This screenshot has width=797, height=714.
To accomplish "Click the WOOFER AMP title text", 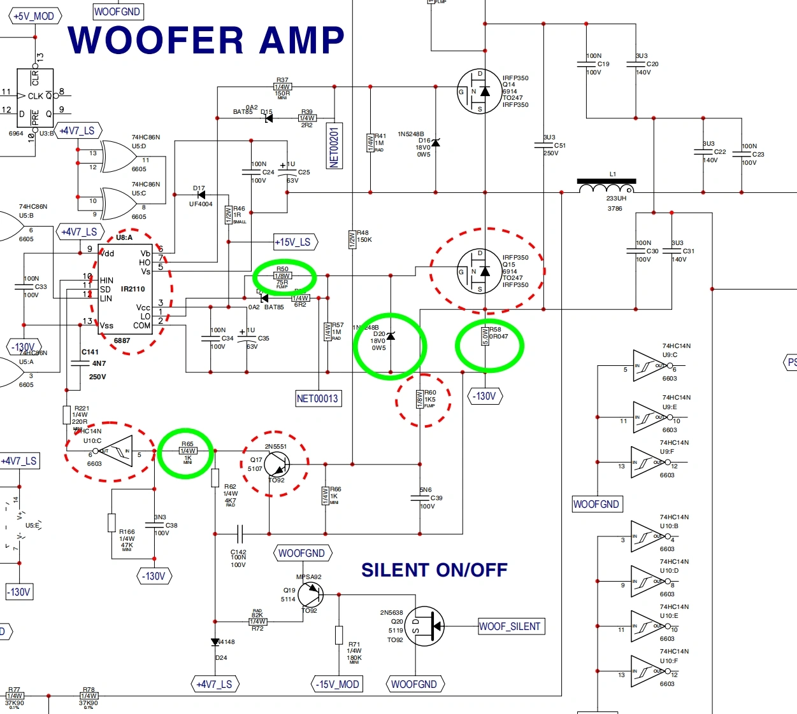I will click(x=206, y=40).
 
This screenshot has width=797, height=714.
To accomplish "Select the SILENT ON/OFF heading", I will click(x=434, y=570).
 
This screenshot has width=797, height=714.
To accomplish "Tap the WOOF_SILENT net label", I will click(x=511, y=626).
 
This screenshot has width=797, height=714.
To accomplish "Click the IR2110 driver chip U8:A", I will click(x=126, y=290).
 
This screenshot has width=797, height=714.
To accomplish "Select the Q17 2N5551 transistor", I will click(x=276, y=465).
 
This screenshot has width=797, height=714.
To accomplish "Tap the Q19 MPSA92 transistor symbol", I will click(x=310, y=595).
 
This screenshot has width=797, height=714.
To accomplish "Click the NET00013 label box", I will click(x=317, y=398).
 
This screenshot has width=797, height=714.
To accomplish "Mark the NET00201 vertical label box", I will click(x=334, y=146).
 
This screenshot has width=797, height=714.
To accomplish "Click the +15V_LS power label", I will click(x=294, y=242).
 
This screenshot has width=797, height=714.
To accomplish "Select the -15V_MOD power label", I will click(x=338, y=684).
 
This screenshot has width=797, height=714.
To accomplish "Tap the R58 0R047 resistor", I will click(x=485, y=336).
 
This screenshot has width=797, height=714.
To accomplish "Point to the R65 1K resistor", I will click(x=187, y=451).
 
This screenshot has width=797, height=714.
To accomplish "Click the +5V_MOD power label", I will click(x=34, y=16).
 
